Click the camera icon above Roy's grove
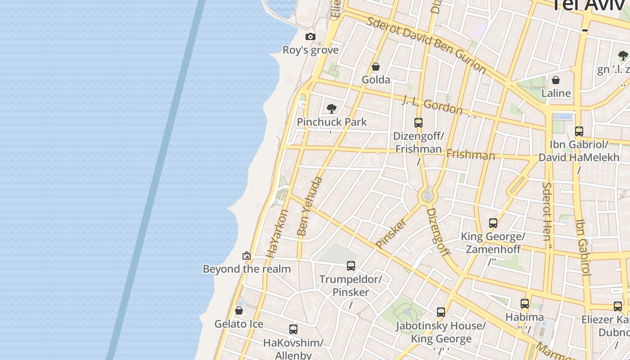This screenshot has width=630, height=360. [x=310, y=37]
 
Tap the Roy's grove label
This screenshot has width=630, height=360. [x=310, y=50]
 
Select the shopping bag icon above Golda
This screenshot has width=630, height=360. [x=376, y=67]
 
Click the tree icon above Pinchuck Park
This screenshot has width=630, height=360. [x=332, y=108]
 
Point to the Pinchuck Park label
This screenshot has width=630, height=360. [x=332, y=122]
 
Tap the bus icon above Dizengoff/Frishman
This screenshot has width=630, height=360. [x=418, y=122]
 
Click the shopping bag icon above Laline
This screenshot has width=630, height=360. [x=556, y=81]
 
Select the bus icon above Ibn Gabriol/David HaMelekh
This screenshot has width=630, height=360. [x=579, y=131]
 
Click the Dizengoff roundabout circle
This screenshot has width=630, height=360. [x=427, y=196]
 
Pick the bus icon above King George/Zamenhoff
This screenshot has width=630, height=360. [x=493, y=223]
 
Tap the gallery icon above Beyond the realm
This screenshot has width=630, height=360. [x=247, y=256]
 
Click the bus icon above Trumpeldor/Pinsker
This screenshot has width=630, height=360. [x=351, y=266]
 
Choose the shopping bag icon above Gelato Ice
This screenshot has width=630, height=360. [x=239, y=311]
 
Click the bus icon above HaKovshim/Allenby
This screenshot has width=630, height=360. [x=293, y=329]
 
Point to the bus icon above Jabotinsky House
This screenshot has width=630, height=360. [x=441, y=312]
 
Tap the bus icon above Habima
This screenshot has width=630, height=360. [x=525, y=304]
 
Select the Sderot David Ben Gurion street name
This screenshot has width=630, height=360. [x=427, y=45]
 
